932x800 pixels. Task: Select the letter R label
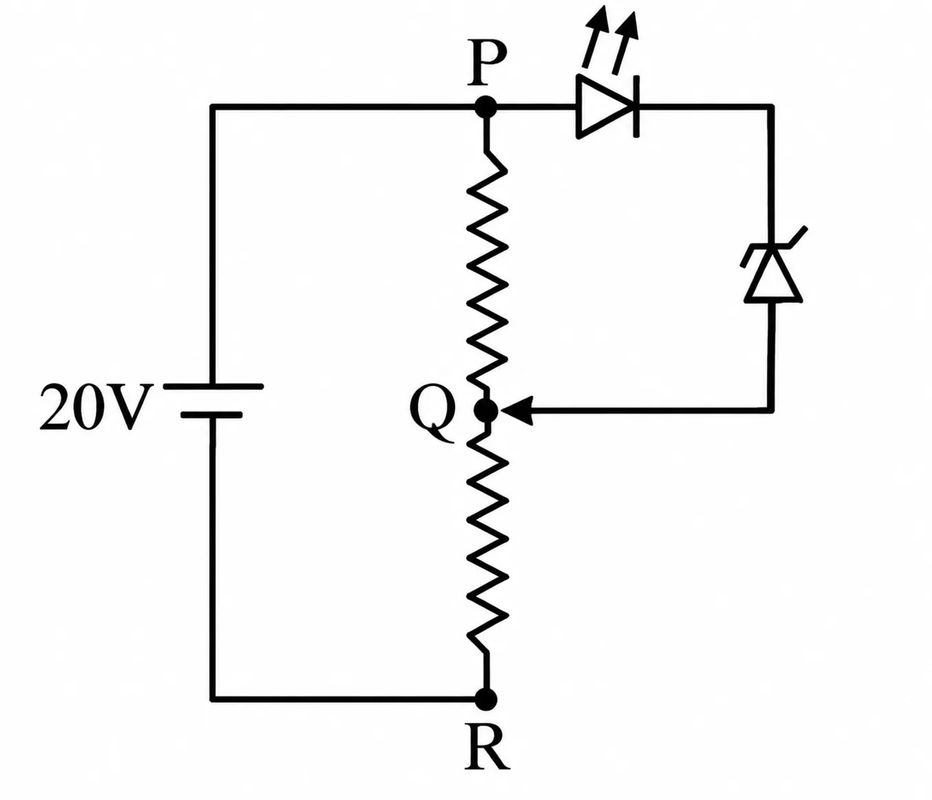coord(487,749)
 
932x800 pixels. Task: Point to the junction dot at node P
coord(486,107)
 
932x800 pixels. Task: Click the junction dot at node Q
coord(487,410)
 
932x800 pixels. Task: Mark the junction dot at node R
coord(486,699)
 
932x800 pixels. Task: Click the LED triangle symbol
coord(602,107)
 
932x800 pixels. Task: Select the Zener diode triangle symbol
coord(773,277)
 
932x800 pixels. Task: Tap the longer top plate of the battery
coord(213,386)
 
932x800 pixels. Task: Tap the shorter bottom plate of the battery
coord(212,415)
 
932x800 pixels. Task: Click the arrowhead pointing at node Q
coord(516,410)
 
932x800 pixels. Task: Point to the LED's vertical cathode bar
coord(636,107)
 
